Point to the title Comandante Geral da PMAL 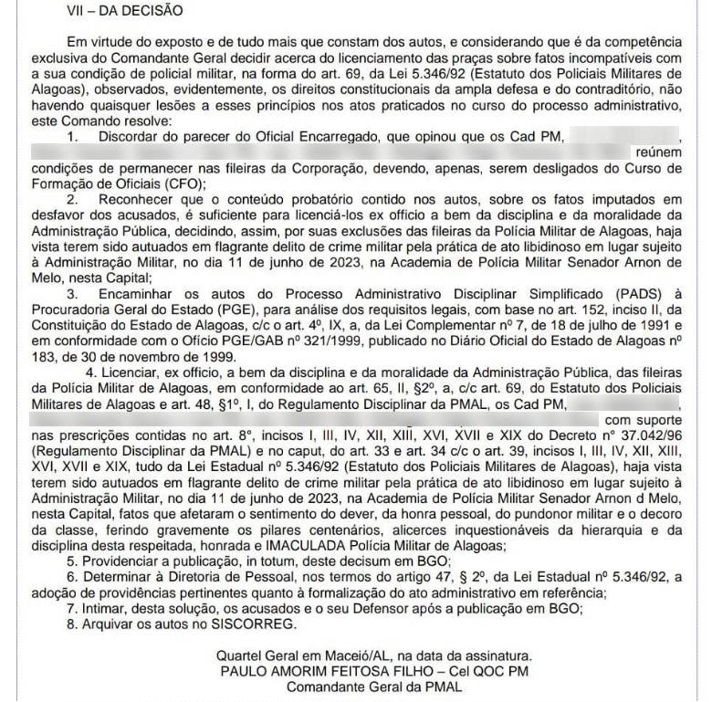(374, 687)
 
